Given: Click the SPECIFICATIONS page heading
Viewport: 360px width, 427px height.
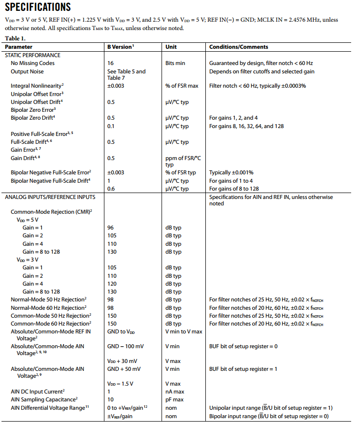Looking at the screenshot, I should [38, 7].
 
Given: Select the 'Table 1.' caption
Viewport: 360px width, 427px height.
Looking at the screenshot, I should [16, 38].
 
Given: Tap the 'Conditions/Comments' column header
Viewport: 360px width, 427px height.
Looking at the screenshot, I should [239, 47].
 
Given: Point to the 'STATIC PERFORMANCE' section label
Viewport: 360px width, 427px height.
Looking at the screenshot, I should [33, 55].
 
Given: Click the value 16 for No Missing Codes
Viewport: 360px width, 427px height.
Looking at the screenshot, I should [110, 63].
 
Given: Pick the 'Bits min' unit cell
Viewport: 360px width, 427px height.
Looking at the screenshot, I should [177, 63].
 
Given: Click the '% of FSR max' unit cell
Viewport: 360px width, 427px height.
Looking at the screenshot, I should [182, 86].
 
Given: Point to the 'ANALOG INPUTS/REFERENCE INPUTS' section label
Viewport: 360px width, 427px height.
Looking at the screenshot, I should [50, 197].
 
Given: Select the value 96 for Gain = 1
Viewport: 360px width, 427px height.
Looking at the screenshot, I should [110, 228].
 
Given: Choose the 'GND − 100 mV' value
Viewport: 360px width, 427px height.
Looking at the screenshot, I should [126, 346].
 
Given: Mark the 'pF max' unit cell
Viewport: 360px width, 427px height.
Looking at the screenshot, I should [175, 399].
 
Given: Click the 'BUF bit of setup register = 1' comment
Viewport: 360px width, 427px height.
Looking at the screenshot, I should [243, 369].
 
